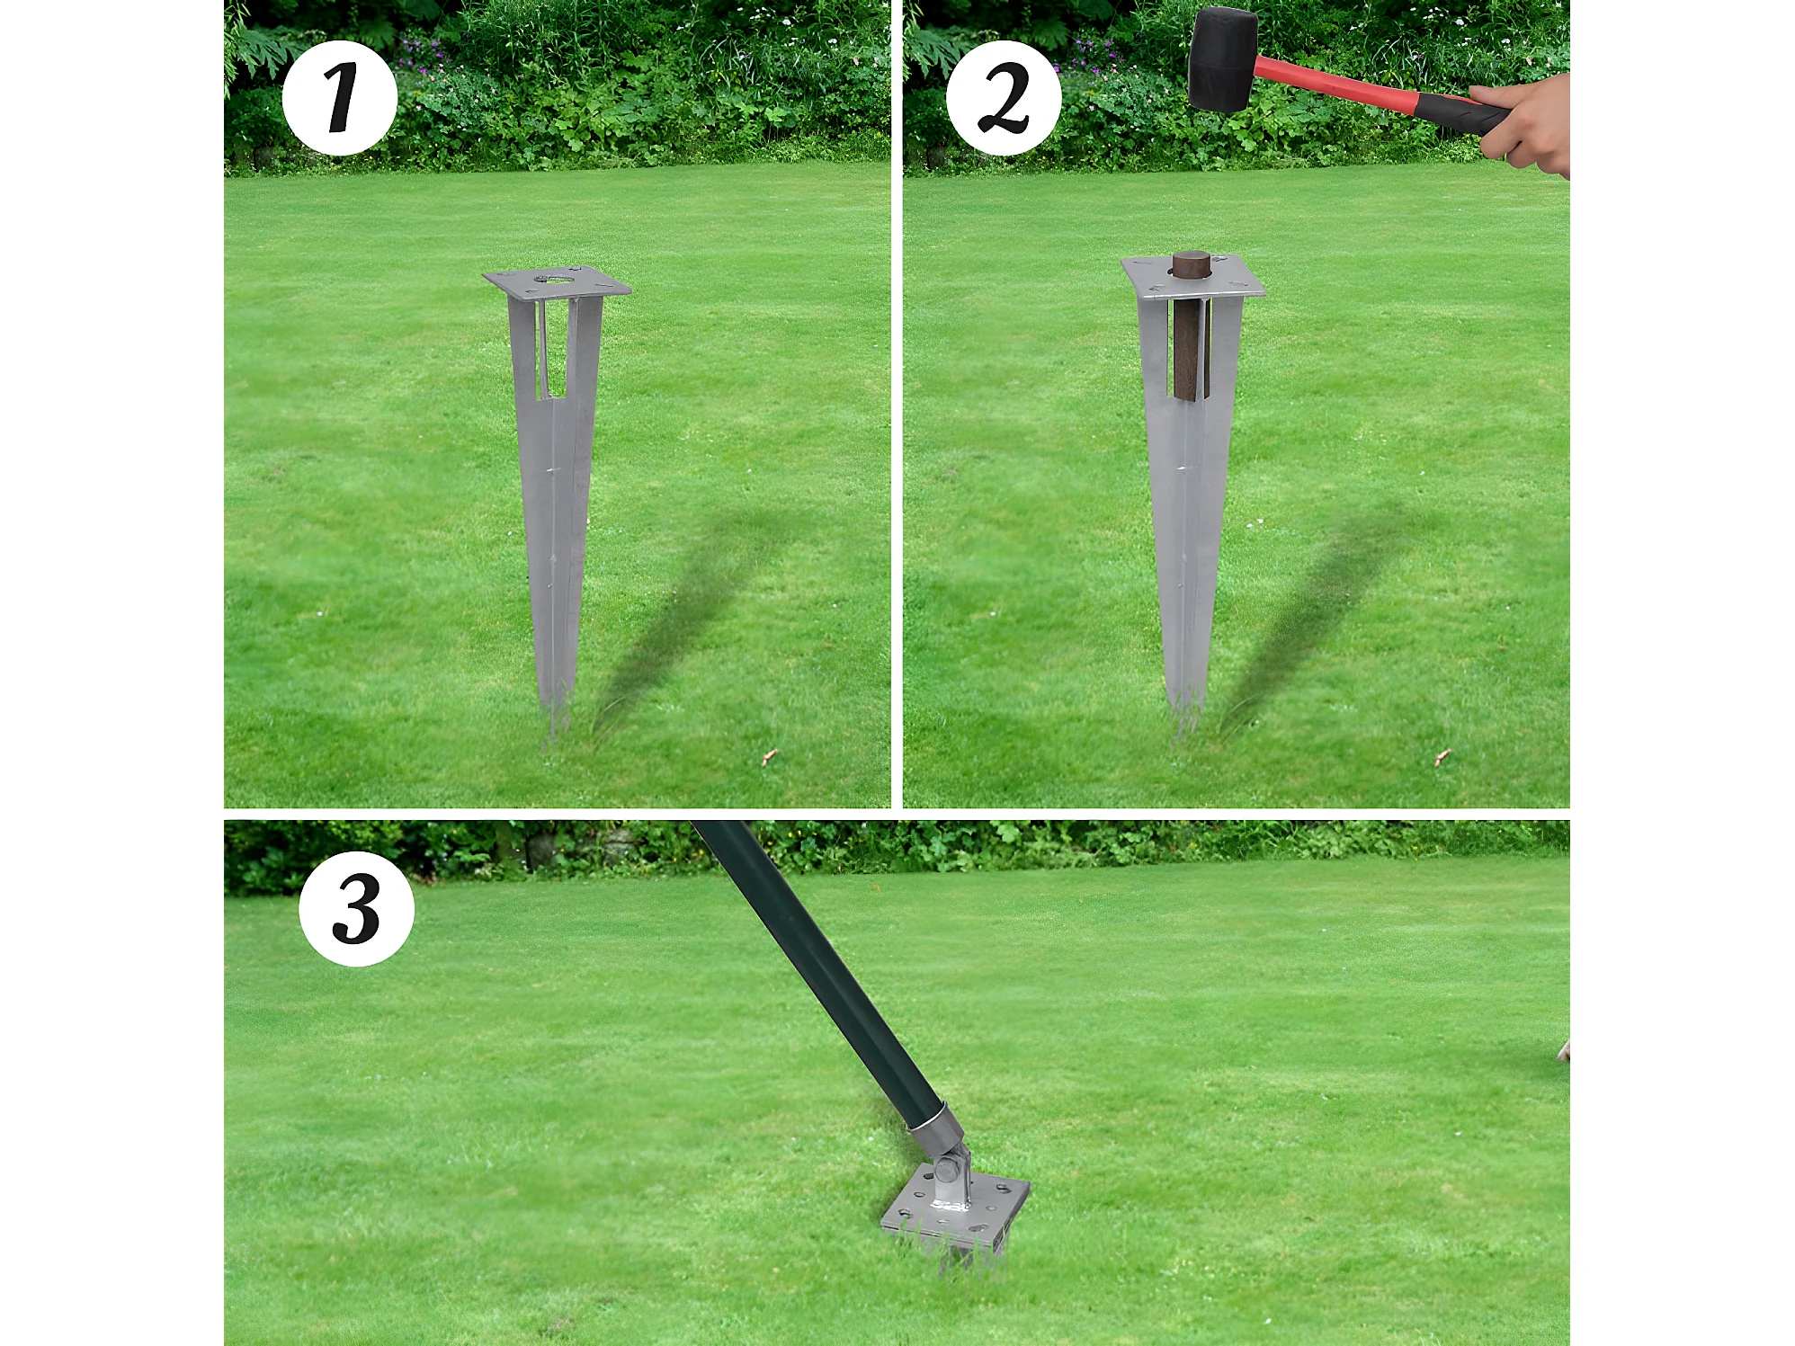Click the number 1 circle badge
340,98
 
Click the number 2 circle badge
1004,98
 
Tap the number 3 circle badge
357,909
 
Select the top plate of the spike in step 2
1193,276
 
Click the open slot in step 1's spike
551,349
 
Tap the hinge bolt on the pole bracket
946,1170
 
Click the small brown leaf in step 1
769,757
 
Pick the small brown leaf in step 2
1443,757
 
